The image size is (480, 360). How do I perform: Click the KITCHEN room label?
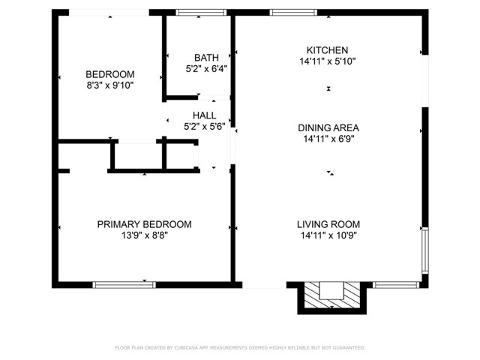coord(327,50)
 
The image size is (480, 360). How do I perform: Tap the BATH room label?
coord(206,58)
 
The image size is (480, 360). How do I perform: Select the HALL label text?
coord(205,115)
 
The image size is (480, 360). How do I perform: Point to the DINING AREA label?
coord(328,127)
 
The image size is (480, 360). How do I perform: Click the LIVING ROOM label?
coord(328,224)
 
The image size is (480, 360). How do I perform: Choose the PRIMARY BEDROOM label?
coord(145,224)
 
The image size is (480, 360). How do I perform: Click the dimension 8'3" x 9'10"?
coord(110,85)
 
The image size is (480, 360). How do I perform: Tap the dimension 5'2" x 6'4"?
coord(206,68)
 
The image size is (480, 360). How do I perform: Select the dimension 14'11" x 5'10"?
coord(328,61)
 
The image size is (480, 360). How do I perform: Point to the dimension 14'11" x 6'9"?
coord(328,139)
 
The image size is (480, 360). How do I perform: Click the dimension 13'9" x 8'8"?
coord(145,235)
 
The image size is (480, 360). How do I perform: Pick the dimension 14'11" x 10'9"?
coord(328,235)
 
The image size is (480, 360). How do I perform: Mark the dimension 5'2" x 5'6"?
coord(205,126)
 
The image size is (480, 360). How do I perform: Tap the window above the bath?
coord(201,12)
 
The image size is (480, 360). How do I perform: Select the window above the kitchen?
coord(293,12)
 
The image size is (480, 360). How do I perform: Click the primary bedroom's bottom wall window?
coord(124,285)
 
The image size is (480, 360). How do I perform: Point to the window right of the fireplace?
coord(396,285)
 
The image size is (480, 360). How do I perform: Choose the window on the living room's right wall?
coord(425,250)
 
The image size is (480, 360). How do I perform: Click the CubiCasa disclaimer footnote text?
coord(240,348)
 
